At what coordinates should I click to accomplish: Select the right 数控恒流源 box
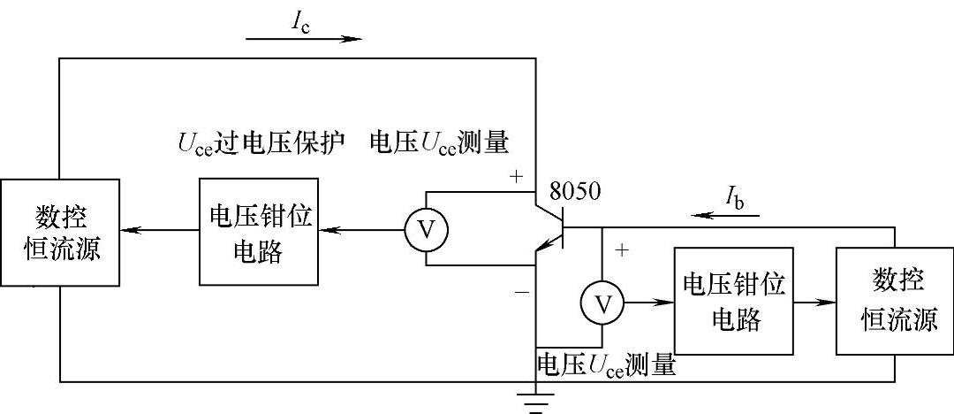pyautogui.click(x=894, y=301)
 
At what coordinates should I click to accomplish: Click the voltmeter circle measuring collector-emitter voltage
pyautogui.click(x=426, y=229)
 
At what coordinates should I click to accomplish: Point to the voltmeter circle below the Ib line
pyautogui.click(x=602, y=304)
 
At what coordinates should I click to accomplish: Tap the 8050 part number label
pyautogui.click(x=574, y=190)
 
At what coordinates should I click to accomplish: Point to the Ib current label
pyautogui.click(x=734, y=198)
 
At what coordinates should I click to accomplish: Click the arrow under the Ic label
pyautogui.click(x=304, y=39)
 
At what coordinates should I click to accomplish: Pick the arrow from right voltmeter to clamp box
pyautogui.click(x=648, y=302)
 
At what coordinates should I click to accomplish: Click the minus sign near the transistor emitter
pyautogui.click(x=521, y=290)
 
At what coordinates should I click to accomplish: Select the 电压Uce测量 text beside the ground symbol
pyautogui.click(x=606, y=364)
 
